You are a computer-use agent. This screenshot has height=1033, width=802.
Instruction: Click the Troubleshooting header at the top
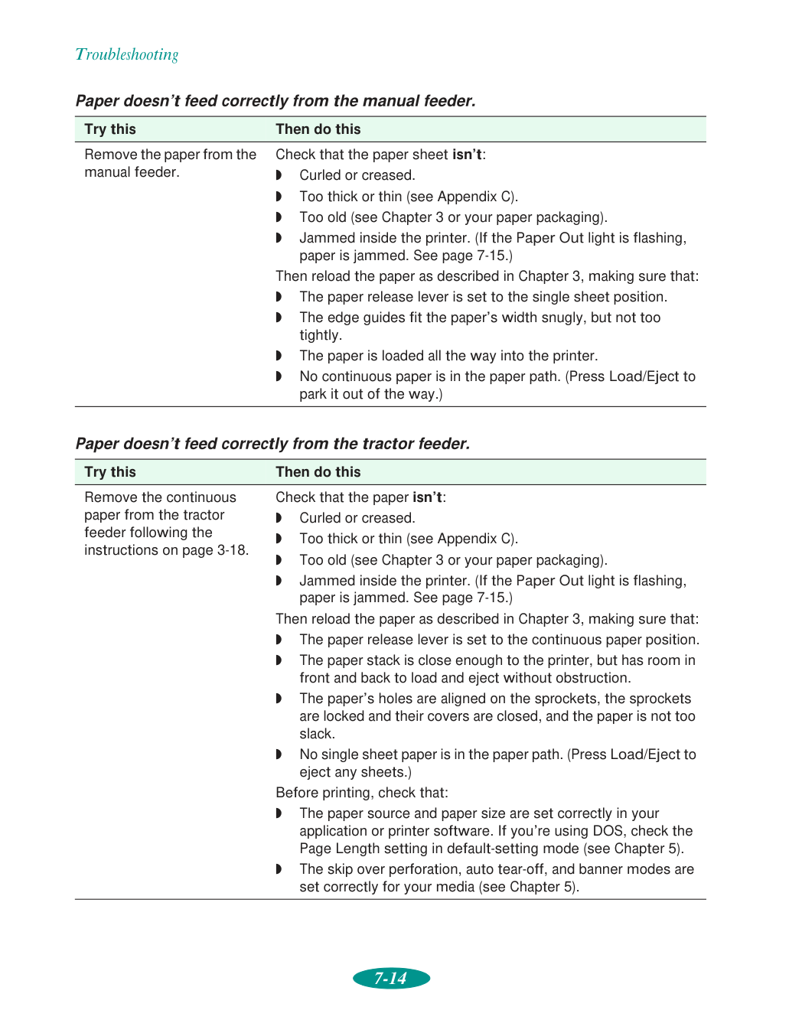point(127,54)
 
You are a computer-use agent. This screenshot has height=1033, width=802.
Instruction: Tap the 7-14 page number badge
point(391,978)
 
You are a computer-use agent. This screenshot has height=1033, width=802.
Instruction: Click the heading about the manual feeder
point(275,101)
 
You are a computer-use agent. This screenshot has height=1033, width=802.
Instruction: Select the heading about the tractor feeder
point(272,444)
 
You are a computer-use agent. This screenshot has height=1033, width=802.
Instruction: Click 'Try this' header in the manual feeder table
point(110,129)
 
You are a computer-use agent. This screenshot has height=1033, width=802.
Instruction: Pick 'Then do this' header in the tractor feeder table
point(318,472)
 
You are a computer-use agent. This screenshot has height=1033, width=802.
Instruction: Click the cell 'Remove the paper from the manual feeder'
point(170,163)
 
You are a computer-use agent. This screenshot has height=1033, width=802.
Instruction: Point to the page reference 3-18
point(232,550)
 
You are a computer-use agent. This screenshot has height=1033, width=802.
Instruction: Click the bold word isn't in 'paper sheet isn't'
point(467,155)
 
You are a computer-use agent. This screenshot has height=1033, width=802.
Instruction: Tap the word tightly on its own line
point(321,335)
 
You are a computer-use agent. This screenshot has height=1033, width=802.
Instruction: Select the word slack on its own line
point(317,734)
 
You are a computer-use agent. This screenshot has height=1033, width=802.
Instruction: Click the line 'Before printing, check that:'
point(362,793)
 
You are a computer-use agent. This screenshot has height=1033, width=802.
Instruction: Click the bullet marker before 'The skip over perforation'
point(279,869)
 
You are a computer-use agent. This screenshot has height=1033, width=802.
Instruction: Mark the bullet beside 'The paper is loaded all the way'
point(279,356)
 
